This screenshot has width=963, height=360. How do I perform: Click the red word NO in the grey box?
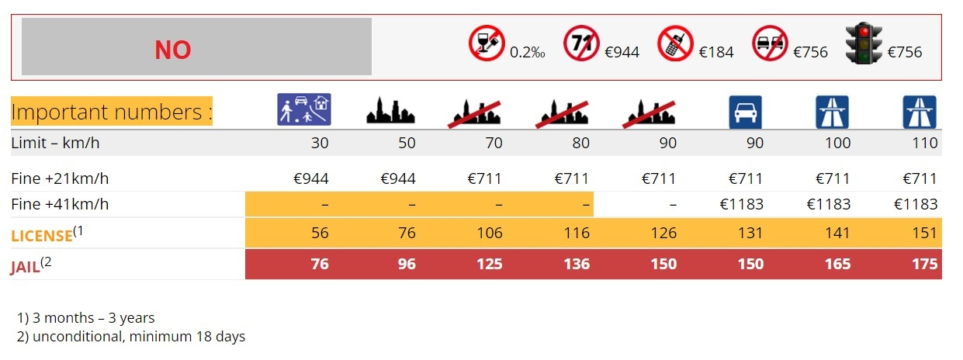point(172,50)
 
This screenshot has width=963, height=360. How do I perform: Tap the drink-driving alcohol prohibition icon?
point(487,43)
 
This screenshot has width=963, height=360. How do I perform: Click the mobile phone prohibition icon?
point(676,43)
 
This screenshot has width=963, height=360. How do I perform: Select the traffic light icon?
point(864,43)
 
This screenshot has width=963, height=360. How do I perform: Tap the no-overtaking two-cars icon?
point(770,43)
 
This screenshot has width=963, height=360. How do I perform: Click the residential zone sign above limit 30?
point(304,109)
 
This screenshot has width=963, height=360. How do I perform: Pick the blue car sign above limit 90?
point(746,112)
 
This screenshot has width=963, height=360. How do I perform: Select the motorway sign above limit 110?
point(920,112)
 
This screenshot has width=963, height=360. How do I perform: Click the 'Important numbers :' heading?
point(112,112)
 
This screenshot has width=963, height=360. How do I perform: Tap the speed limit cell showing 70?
point(494,143)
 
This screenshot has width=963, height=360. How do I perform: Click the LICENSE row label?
point(41,234)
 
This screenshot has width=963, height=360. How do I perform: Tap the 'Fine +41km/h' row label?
point(60,205)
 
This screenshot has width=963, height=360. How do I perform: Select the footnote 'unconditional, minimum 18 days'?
point(137,337)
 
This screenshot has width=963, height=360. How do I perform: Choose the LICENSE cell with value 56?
point(320,233)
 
